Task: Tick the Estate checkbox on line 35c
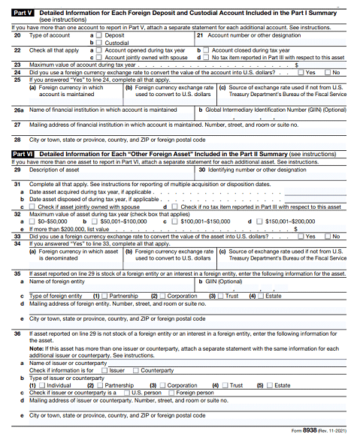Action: coord(260,297)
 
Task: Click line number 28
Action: coord(17,140)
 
